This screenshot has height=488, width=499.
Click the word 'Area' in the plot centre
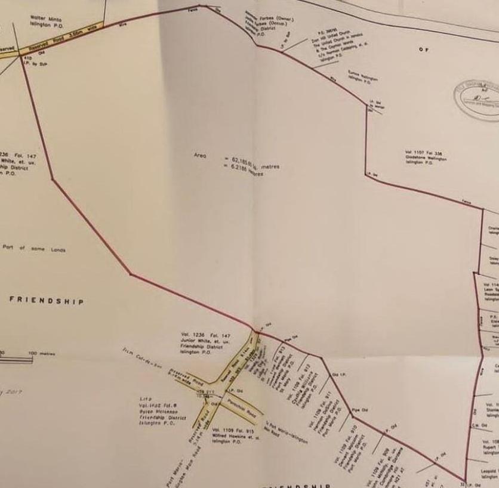click(x=200, y=156)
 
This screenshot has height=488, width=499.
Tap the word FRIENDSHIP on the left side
click(x=46, y=301)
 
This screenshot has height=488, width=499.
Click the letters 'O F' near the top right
click(x=423, y=50)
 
